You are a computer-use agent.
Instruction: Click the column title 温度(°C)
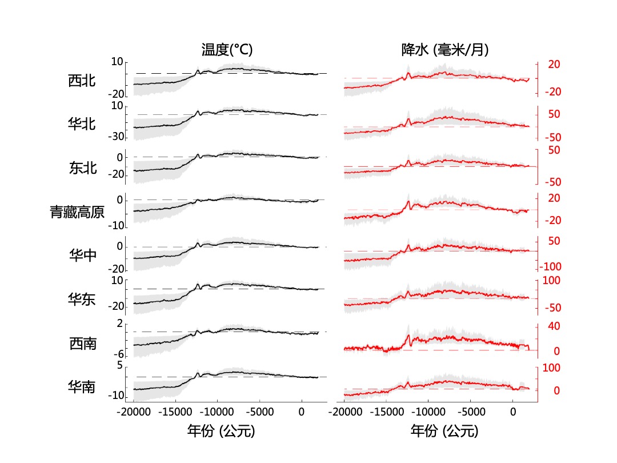227,50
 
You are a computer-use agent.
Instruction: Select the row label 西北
82,81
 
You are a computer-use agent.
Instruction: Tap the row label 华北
82,123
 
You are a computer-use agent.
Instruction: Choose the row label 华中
82,256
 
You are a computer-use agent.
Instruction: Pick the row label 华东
82,298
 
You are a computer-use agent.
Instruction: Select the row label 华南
82,387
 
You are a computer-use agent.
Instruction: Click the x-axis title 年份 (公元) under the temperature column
221,430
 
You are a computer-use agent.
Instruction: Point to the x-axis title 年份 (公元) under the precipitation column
444,430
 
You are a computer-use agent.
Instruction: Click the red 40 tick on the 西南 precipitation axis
554,326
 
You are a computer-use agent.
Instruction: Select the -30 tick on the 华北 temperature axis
117,137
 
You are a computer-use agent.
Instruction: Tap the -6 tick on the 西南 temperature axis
119,354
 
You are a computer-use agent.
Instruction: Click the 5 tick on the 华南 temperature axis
120,365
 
